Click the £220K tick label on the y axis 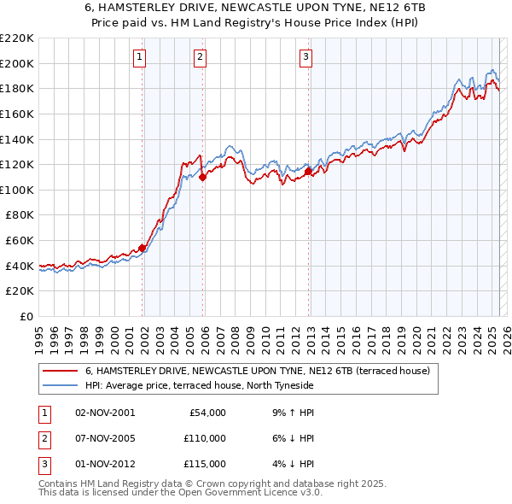(17, 38)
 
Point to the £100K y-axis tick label (17, 190)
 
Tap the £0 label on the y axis (26, 316)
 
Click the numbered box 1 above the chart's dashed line (139, 57)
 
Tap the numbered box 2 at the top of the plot (200, 57)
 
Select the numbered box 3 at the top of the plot (305, 57)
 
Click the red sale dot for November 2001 (143, 248)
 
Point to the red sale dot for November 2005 (202, 178)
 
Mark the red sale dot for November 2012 (308, 172)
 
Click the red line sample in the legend (61, 371)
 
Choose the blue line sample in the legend (61, 386)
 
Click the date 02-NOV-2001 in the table (105, 413)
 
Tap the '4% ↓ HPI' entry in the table (291, 464)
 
